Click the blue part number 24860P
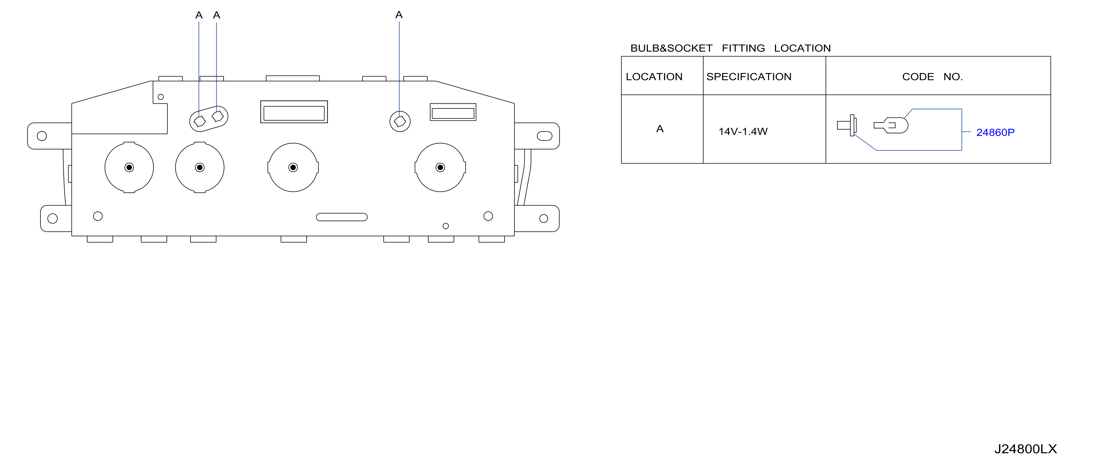point(995,133)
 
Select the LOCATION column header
point(654,77)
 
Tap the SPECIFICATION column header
point(749,77)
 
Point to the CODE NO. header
point(932,77)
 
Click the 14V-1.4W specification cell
point(743,132)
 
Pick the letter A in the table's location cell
point(660,129)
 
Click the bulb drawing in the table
point(891,125)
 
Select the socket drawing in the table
point(847,125)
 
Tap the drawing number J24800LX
point(1026,449)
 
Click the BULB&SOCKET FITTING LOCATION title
point(730,48)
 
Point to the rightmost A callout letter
point(399,15)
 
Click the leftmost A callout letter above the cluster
point(199,15)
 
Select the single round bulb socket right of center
point(400,122)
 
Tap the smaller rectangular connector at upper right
point(453,112)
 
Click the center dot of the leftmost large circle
point(129,168)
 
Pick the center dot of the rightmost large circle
point(440,168)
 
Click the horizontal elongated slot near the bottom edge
point(342,217)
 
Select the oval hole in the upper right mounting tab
point(544,136)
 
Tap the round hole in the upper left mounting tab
point(42,136)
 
